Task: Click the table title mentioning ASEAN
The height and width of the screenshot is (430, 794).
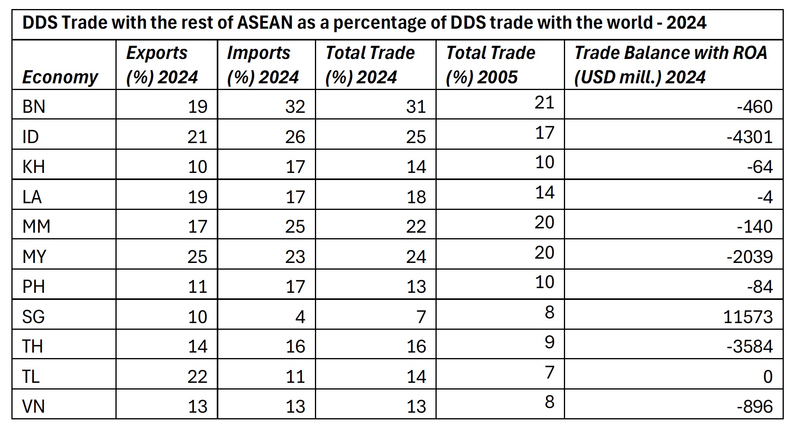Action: (x=364, y=23)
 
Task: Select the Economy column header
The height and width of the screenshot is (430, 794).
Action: (x=60, y=77)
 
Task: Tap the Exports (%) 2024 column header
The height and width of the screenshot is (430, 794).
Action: (x=162, y=65)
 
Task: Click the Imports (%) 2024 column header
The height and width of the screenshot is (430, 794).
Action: (x=263, y=65)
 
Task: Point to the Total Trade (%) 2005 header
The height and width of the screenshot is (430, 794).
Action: (x=490, y=65)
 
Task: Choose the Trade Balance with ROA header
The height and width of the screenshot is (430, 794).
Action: (x=670, y=65)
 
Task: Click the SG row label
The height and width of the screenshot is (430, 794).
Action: (x=34, y=317)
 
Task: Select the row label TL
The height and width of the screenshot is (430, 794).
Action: (x=31, y=377)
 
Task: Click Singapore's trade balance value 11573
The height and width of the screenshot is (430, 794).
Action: (x=748, y=317)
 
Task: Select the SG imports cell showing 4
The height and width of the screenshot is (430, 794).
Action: (x=300, y=317)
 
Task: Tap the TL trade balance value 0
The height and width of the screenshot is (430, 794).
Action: (x=768, y=377)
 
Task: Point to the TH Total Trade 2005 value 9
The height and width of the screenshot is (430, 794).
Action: (x=549, y=342)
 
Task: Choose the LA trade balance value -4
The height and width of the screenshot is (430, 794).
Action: (x=765, y=197)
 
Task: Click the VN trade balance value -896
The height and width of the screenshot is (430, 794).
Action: (x=755, y=406)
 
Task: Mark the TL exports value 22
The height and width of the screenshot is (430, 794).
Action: (x=197, y=377)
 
